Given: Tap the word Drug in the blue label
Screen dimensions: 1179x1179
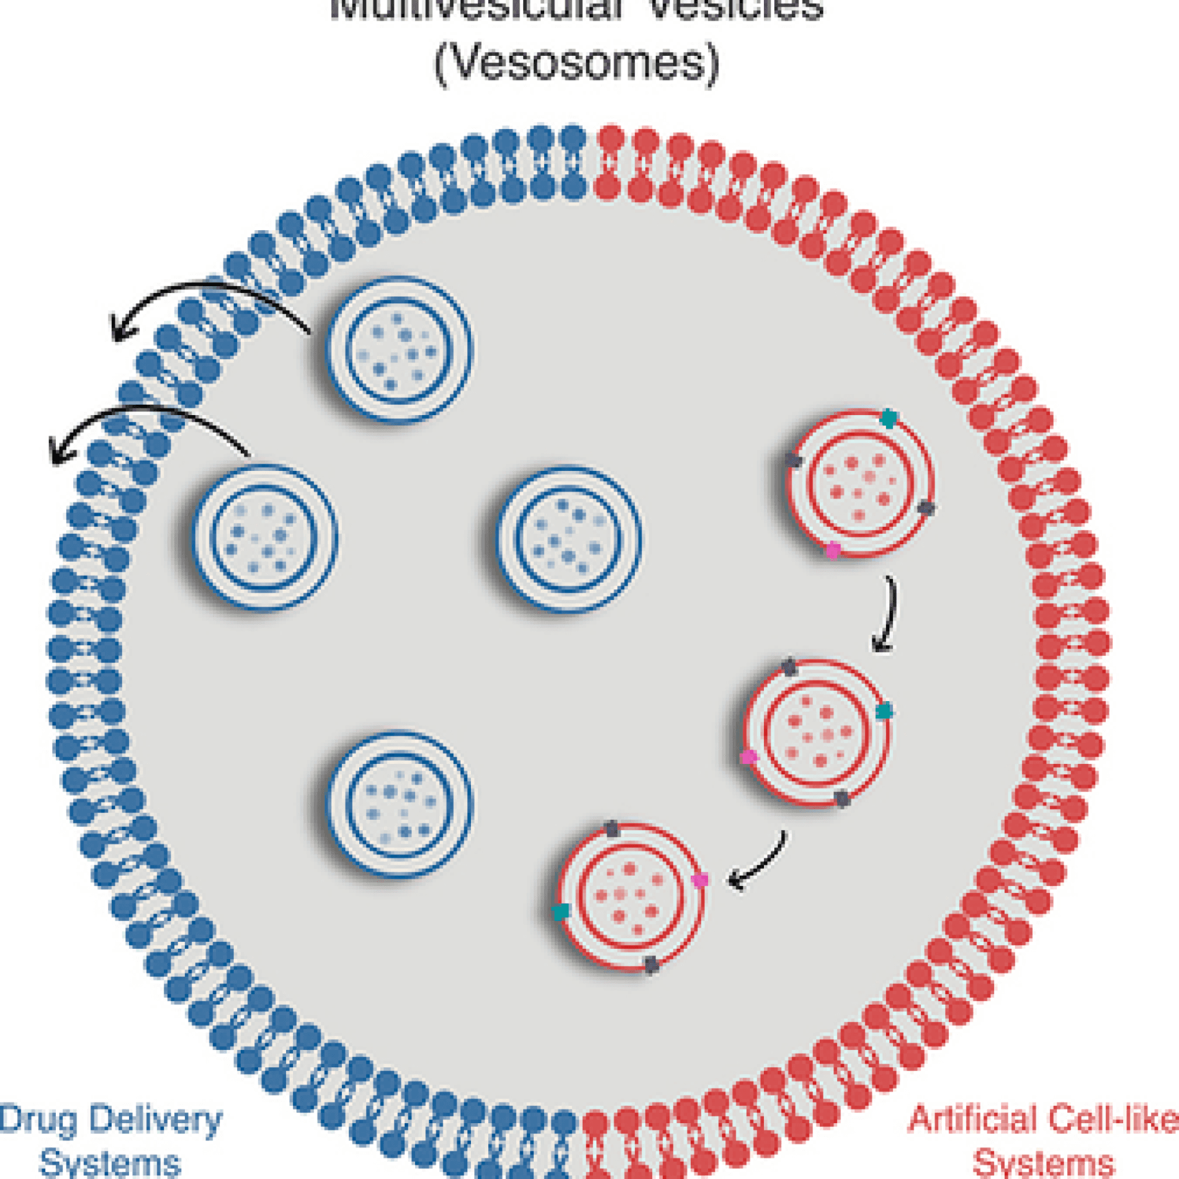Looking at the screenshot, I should (37, 1120).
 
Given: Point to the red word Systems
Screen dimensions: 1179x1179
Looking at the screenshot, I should (1044, 1162).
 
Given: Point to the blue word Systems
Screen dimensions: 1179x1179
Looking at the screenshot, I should (111, 1162).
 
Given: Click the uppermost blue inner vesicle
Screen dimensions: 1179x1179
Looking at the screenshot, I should (400, 351).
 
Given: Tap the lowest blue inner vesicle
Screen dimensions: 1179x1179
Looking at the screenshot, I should (400, 804).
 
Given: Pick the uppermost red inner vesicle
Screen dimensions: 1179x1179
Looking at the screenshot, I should (860, 483).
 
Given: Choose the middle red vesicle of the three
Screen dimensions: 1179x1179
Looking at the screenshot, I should (816, 733).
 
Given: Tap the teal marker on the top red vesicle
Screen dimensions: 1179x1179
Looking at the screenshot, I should (888, 419).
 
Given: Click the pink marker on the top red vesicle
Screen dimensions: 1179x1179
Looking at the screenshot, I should (833, 550).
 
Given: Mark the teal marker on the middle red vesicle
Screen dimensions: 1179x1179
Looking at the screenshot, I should (883, 712).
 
